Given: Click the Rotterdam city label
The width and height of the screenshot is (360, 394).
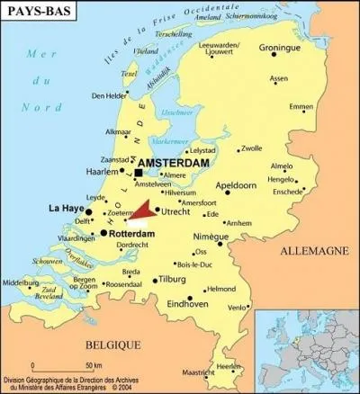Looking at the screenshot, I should pyautogui.click(x=131, y=233).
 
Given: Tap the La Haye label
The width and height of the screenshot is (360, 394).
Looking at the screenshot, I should pyautogui.click(x=66, y=208).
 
